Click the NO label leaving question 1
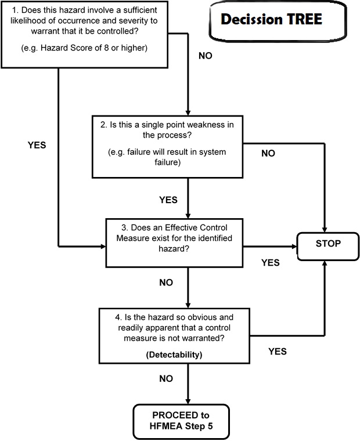(x=205, y=56)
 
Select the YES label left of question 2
(x=37, y=145)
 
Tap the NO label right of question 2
(x=268, y=153)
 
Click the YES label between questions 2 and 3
(x=168, y=200)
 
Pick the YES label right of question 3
(x=270, y=262)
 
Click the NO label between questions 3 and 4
(x=166, y=284)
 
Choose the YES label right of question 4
(x=277, y=351)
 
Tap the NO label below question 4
(x=166, y=378)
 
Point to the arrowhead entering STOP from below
(x=323, y=265)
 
